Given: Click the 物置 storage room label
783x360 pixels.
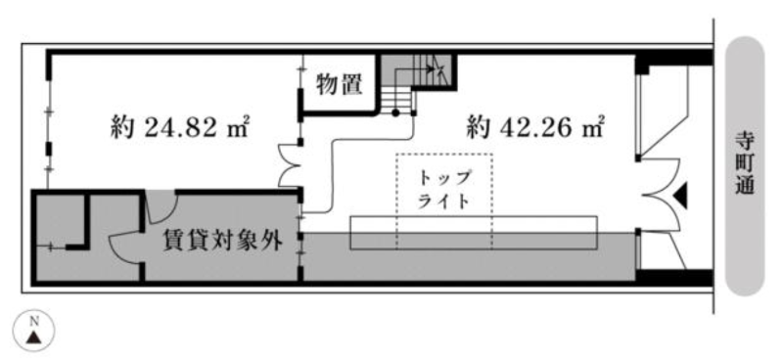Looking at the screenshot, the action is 339,85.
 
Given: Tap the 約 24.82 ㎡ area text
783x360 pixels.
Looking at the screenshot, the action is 180,128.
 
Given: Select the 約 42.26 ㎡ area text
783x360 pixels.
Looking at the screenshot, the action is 535,127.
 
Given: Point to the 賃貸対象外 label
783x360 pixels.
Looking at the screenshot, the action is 223,242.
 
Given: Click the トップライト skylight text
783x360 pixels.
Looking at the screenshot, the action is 444,189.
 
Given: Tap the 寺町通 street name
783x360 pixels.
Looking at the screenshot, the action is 745,162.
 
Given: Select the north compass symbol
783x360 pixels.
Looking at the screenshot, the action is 33,332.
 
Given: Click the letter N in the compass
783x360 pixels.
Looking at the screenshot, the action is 34,321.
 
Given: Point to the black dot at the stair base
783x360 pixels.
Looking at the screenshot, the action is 395,113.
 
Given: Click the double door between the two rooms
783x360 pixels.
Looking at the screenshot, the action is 290,164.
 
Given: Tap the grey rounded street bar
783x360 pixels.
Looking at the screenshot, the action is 745,165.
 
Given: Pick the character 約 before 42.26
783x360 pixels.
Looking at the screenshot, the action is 478,128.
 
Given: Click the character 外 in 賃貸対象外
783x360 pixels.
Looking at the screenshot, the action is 273,242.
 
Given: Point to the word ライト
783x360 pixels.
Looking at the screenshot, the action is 443,202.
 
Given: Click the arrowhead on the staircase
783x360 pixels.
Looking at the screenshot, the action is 431,67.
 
